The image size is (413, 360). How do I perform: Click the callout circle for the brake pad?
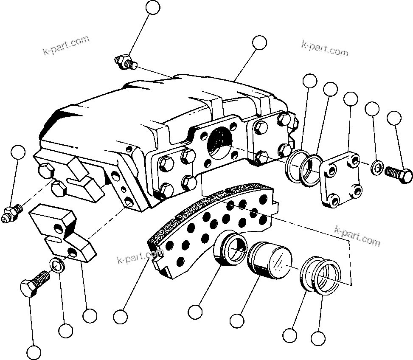pyautogui.click(x=121, y=316)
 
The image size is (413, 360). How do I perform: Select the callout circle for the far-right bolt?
pyautogui.click(x=394, y=117)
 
